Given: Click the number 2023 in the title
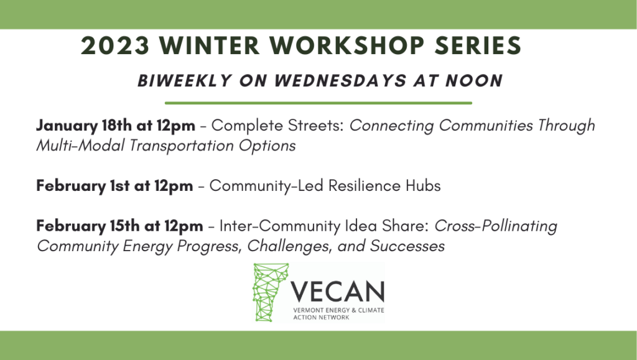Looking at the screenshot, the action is click(115, 45).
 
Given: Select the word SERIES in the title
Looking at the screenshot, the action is click(478, 45).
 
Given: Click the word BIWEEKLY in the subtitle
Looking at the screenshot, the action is click(185, 81).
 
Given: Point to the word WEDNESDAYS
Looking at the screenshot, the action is click(340, 81).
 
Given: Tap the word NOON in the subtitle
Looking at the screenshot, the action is click(474, 81).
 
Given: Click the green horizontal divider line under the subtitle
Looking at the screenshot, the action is click(318, 103).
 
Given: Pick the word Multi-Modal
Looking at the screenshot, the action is click(80, 145).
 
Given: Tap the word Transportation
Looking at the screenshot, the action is click(181, 145).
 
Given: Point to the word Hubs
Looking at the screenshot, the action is click(423, 185).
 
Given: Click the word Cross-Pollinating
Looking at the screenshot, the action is click(496, 226).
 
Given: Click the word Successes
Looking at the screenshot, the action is click(407, 246).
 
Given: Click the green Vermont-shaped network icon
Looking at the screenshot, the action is click(270, 292).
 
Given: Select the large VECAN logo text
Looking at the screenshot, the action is click(337, 292).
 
